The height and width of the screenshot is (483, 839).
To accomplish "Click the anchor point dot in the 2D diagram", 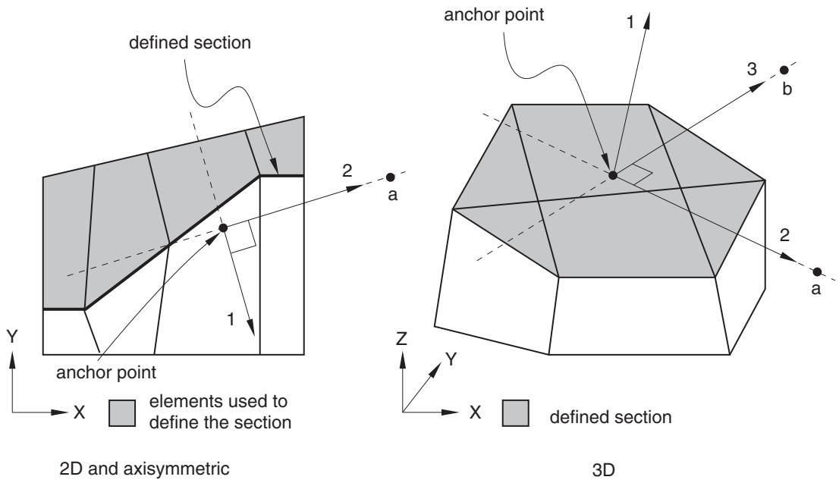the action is pos(223,228).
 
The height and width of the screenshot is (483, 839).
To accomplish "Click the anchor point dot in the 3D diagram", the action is pos(613,175).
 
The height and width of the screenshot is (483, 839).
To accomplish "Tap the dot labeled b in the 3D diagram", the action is pos(784,70).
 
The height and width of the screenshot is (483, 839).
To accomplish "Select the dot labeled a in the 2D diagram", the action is pos(391,177).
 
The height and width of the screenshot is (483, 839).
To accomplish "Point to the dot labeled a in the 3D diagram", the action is pos(816,271).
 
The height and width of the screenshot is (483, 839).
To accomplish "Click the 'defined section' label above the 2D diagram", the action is pos(190,42).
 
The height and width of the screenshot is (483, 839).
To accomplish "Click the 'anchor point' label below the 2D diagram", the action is pos(106,372).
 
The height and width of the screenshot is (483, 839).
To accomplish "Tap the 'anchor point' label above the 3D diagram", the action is pos(494,14).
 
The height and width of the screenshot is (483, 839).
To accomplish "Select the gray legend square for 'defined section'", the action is pos(515,413).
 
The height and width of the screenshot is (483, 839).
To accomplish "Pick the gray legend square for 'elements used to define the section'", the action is pos(122,413).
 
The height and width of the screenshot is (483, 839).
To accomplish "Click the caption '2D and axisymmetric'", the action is pos(144,469).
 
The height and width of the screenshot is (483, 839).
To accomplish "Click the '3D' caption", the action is pos(604,470).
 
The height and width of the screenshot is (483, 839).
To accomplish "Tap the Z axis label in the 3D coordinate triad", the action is pos(401,338).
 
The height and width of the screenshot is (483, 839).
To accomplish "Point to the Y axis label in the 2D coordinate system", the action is pos(12,336).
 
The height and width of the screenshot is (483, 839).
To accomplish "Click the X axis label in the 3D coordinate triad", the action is pos(475,412).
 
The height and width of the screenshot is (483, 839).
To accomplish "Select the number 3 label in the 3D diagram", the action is pos(752,69).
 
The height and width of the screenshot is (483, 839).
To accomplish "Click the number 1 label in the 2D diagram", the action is pos(231,319).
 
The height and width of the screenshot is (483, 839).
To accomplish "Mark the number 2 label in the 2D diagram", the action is pos(347,171).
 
